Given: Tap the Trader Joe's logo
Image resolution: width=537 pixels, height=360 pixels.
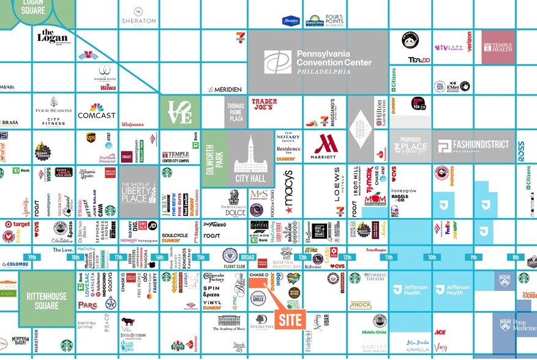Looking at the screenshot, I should [x=264, y=105].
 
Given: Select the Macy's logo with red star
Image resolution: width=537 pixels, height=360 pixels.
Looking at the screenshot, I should [x=288, y=191].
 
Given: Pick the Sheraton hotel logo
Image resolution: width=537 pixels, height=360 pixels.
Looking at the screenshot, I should [x=139, y=17].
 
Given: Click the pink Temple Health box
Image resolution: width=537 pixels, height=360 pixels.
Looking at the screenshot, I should [x=498, y=47].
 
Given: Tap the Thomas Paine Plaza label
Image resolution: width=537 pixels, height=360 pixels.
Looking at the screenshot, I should [x=236, y=110].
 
